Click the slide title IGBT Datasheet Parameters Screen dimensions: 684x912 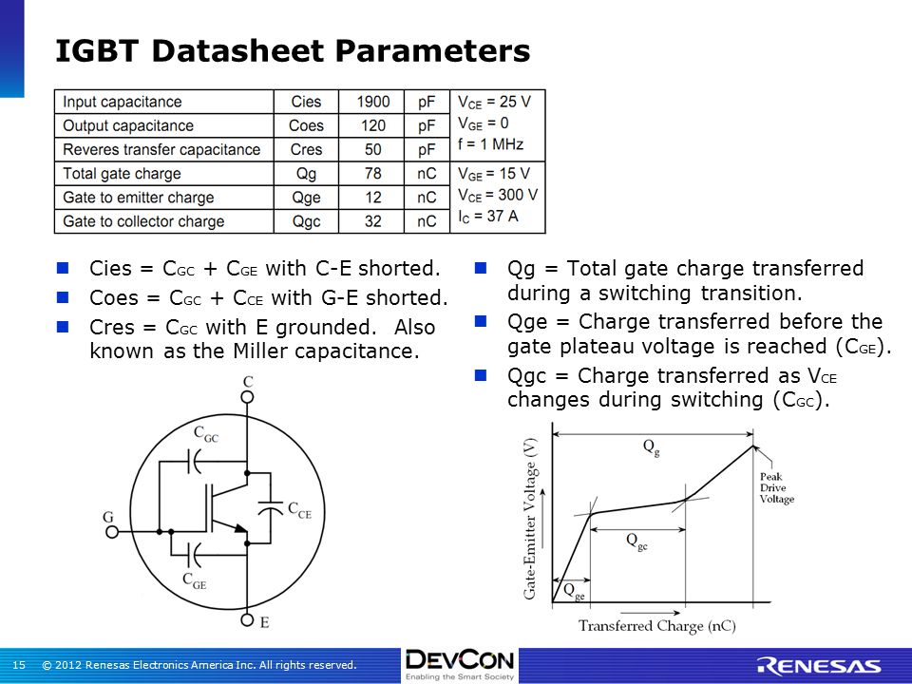(x=293, y=50)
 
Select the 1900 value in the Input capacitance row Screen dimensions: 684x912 (x=372, y=102)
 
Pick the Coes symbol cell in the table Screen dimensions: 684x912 (x=305, y=125)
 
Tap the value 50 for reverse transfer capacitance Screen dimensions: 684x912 (x=372, y=150)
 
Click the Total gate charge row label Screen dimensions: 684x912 (x=119, y=174)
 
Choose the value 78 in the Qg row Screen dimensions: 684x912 (x=372, y=174)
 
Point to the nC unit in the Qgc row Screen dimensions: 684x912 (x=427, y=221)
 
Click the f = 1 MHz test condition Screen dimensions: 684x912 (x=490, y=144)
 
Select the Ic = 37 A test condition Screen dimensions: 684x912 (x=489, y=217)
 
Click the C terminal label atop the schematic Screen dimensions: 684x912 (x=247, y=382)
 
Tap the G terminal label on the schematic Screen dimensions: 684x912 (x=109, y=518)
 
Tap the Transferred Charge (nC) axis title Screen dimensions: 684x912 (x=656, y=626)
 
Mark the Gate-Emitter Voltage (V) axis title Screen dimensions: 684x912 (x=532, y=516)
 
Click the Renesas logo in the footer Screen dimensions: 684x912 (x=818, y=665)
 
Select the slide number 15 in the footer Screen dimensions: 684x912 (x=18, y=665)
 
